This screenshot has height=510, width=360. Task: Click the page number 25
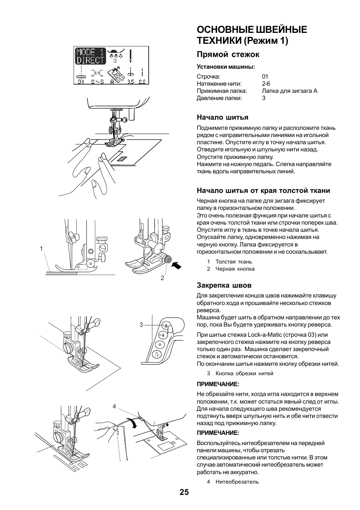184,492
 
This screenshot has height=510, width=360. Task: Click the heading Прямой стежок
228,54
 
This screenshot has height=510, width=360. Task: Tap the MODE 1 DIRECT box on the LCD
90,56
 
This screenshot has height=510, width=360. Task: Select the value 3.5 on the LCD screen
131,82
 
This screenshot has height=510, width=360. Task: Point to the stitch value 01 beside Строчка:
265,77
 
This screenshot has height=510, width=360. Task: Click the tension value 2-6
266,84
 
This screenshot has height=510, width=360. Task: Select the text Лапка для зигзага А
289,91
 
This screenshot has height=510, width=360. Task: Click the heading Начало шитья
222,117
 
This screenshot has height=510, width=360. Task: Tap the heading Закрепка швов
224,285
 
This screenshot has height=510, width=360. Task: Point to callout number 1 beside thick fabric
42,248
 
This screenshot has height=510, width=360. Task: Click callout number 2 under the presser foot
162,278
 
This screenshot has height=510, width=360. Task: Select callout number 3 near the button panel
141,325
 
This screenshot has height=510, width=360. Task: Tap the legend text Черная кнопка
235,269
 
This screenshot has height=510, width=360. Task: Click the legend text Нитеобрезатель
237,482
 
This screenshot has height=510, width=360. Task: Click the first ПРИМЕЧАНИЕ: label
218,384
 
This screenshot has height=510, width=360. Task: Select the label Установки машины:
226,67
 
